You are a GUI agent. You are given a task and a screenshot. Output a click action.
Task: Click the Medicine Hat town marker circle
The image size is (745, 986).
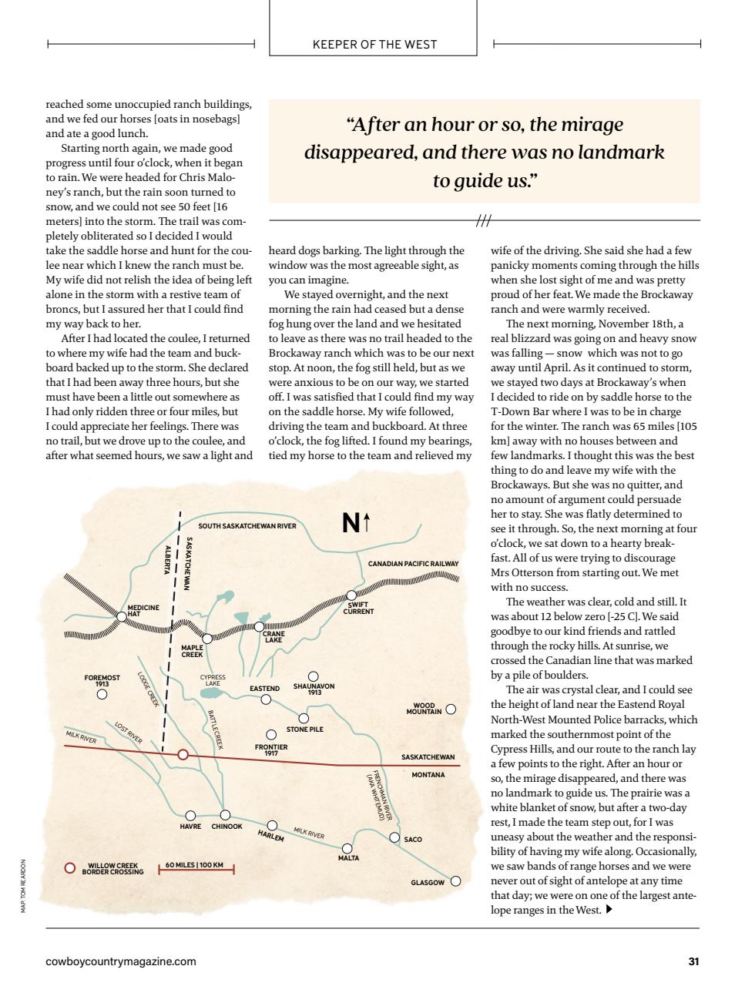tap(122, 616)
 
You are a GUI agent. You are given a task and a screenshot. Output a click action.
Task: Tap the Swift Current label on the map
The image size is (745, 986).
tap(358, 609)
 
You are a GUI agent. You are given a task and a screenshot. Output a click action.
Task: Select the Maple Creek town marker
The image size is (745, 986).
tap(207, 639)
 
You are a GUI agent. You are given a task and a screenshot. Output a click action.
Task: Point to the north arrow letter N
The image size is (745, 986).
tap(351, 524)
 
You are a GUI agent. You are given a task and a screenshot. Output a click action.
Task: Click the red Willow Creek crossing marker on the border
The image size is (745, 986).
tap(183, 755)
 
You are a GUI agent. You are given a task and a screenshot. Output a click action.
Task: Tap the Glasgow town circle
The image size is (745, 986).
tap(455, 881)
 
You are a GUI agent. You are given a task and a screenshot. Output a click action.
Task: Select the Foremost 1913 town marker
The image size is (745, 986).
tap(102, 694)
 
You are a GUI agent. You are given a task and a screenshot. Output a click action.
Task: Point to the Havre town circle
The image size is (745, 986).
tap(190, 816)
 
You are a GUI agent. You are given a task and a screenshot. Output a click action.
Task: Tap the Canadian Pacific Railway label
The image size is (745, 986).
tap(413, 564)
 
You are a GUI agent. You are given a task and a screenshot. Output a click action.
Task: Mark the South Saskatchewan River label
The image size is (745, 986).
tap(247, 526)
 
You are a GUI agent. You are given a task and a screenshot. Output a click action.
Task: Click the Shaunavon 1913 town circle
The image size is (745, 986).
tap(314, 677)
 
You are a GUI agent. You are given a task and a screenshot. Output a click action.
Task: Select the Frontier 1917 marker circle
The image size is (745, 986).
tap(271, 735)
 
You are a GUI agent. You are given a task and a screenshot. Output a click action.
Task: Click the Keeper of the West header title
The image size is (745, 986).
tap(374, 45)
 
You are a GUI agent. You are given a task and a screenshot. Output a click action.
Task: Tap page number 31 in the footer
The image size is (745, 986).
tap(693, 961)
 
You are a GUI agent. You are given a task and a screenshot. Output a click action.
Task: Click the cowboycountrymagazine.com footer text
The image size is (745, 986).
tap(121, 961)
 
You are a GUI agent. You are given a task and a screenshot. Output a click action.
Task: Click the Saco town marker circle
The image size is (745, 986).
tap(394, 837)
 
